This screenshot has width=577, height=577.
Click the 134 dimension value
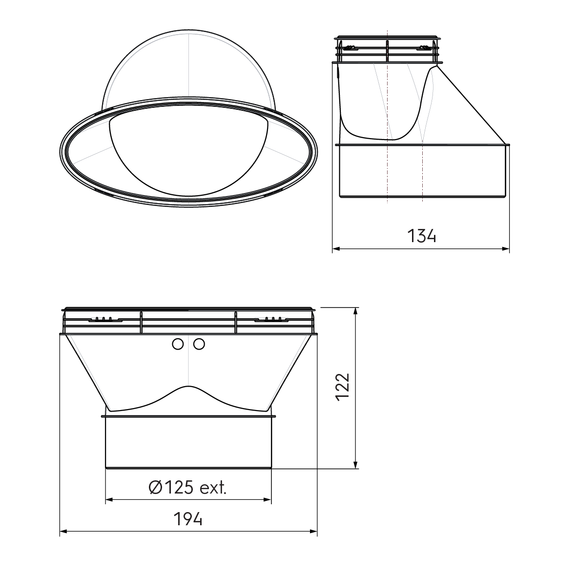point(421,236)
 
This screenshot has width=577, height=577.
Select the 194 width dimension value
point(188,519)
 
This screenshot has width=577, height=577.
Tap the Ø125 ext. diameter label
point(187,487)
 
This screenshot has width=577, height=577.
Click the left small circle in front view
point(178,345)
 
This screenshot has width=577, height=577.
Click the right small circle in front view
point(199,345)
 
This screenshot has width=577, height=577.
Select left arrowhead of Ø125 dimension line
point(109,499)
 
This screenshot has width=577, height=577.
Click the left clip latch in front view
point(105,320)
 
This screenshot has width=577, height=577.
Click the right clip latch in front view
point(271,320)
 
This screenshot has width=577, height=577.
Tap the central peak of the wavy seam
point(188,387)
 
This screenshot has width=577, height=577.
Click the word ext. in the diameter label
point(213,487)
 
